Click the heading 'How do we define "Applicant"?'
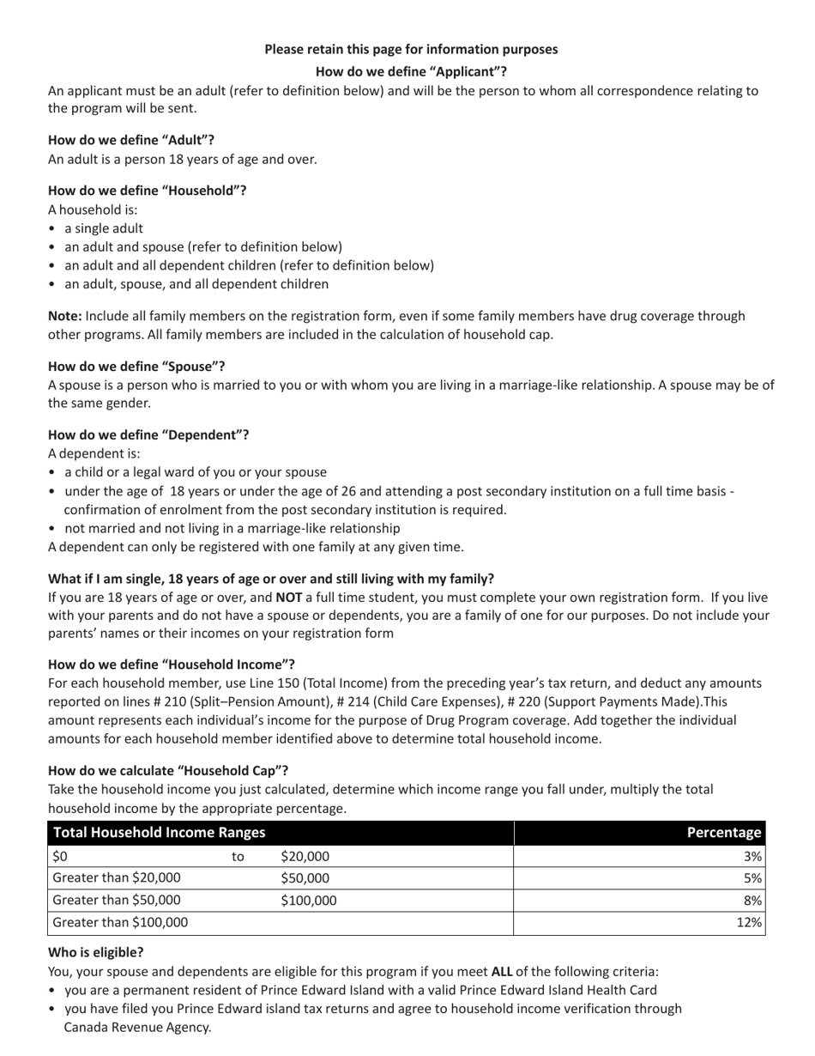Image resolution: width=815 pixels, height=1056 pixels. click(x=411, y=71)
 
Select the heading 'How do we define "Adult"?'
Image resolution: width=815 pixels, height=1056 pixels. click(x=131, y=140)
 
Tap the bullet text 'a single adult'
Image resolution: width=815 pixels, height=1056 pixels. click(x=104, y=228)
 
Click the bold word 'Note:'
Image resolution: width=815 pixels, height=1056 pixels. click(x=65, y=316)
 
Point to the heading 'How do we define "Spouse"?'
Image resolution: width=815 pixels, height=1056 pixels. click(x=136, y=367)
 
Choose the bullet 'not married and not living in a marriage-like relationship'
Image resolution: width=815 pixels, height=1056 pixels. click(x=232, y=528)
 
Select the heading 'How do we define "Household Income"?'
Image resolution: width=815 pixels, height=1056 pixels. click(x=172, y=665)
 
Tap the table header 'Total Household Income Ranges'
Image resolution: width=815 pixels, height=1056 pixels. click(x=160, y=832)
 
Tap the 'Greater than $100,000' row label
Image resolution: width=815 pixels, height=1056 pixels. click(x=121, y=923)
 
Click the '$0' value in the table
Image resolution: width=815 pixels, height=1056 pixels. click(x=60, y=856)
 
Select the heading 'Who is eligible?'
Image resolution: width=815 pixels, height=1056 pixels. click(x=96, y=952)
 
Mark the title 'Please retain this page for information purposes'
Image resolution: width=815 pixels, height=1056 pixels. click(x=411, y=49)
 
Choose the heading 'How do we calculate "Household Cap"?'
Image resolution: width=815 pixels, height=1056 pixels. click(x=168, y=770)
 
